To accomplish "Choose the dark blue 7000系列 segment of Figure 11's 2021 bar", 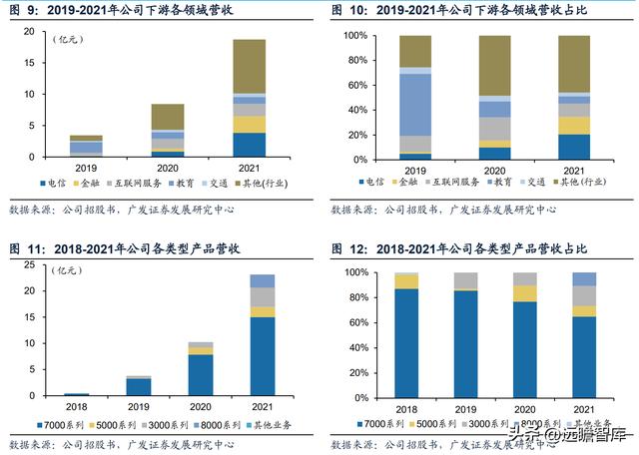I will pyautogui.click(x=263, y=357).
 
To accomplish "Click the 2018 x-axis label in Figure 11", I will pyautogui.click(x=76, y=406).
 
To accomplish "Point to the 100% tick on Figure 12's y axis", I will pyautogui.click(x=351, y=272).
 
